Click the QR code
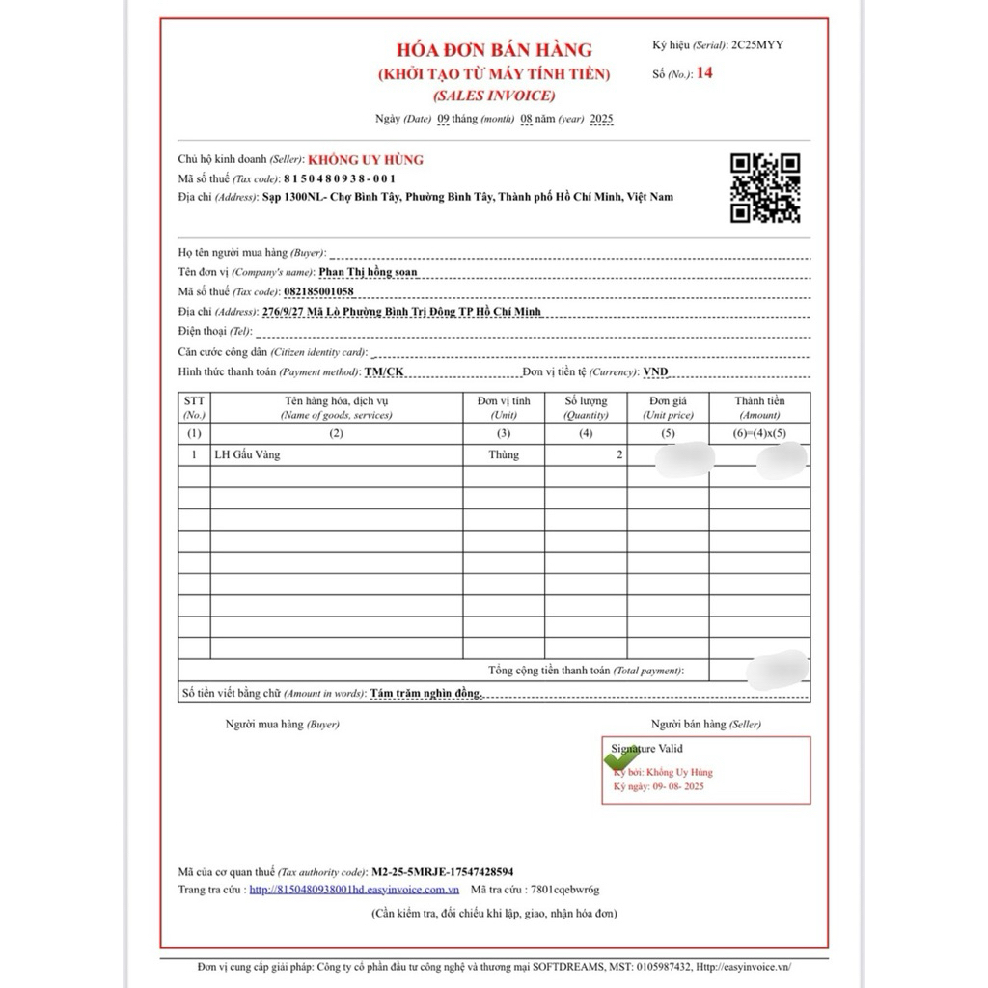[x=764, y=188]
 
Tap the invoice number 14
[x=704, y=72]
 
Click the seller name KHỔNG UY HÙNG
[x=366, y=159]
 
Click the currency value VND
[x=655, y=371]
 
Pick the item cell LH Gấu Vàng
[x=248, y=454]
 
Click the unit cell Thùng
[x=504, y=454]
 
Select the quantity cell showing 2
[x=619, y=454]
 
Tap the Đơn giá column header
[x=668, y=407]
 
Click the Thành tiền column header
[x=759, y=407]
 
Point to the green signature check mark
[x=620, y=757]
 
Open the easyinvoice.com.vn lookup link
[x=354, y=890]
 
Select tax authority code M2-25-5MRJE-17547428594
[x=442, y=870]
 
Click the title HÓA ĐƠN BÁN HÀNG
[x=494, y=50]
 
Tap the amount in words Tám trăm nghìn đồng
[x=425, y=693]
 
